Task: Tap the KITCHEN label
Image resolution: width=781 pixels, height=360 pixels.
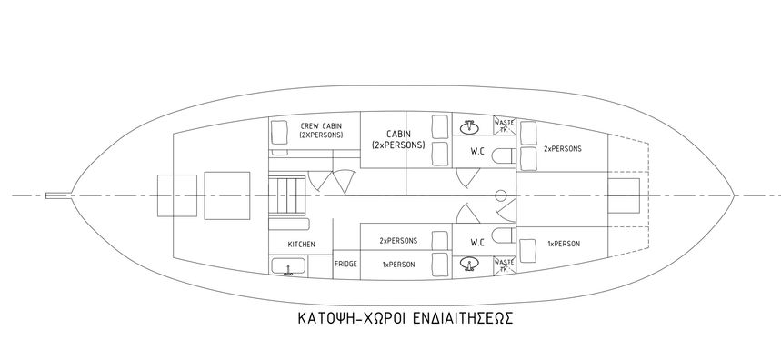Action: coord(302,245)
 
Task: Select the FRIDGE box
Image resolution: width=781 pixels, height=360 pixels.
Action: coord(345,264)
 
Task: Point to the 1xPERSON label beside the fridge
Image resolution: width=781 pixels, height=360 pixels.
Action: coord(398,264)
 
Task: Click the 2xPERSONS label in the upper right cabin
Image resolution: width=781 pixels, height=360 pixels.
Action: coord(562,148)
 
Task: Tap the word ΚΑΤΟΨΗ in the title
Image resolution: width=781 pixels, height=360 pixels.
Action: coord(326,321)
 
